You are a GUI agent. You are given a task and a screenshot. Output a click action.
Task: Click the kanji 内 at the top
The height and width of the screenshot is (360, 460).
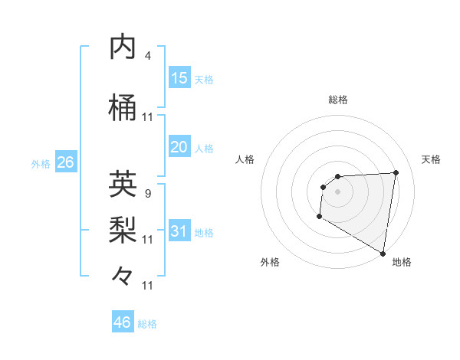[x=123, y=47]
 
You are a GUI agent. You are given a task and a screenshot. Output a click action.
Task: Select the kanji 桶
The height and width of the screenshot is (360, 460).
[x=123, y=108]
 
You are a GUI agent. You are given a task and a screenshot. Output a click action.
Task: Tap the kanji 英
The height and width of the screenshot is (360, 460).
[x=123, y=184]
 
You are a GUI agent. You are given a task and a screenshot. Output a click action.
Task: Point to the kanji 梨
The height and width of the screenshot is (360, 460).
[x=123, y=229]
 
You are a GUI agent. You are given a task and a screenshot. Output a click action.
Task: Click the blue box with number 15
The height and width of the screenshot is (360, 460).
[x=179, y=77]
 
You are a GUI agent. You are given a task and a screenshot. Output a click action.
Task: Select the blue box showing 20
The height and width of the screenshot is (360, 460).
[x=179, y=147]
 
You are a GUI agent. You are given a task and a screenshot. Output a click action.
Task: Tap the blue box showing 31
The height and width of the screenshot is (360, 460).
[x=179, y=231]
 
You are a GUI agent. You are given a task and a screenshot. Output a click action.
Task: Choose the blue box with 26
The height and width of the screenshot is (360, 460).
[x=65, y=162]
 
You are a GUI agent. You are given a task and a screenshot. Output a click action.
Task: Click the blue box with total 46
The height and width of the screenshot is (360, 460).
[x=123, y=322]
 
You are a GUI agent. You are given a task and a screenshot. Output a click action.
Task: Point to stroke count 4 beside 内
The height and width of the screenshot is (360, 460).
[x=147, y=56]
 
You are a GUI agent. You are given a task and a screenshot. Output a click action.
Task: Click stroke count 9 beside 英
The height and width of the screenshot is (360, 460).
[x=147, y=193]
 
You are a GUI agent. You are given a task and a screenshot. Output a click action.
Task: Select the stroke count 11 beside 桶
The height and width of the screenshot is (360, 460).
[x=147, y=117]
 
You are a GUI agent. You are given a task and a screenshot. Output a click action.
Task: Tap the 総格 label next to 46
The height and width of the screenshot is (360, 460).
[x=147, y=324]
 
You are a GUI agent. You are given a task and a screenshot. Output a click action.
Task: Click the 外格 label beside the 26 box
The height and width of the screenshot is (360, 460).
[x=41, y=164]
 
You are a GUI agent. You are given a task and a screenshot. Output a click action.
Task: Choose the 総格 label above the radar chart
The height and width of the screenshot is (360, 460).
[x=337, y=100]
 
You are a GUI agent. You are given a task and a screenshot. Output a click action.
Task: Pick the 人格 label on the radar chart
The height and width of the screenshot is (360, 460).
[x=245, y=159]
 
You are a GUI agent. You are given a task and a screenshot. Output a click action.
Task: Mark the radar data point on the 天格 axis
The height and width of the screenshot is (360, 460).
[x=396, y=172]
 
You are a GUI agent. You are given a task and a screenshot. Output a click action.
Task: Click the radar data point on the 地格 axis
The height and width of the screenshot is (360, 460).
[x=383, y=254]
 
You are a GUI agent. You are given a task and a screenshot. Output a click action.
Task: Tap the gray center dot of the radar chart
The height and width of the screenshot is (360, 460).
[x=337, y=191]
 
